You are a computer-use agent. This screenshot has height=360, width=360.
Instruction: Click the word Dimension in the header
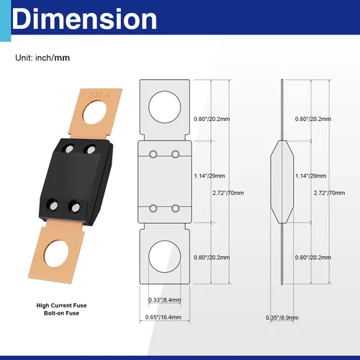(x=84, y=19)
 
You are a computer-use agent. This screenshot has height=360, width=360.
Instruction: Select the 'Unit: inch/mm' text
(x=42, y=58)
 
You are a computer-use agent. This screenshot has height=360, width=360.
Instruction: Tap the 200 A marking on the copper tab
(x=99, y=95)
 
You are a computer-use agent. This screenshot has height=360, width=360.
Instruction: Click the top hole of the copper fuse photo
(x=94, y=112)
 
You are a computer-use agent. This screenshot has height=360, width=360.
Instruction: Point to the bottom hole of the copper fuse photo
(x=56, y=253)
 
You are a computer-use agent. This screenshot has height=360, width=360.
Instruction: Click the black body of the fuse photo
(x=76, y=181)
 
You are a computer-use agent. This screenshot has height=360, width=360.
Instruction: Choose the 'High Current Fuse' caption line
(x=61, y=305)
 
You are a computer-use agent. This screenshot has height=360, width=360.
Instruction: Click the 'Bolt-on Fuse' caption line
(x=61, y=313)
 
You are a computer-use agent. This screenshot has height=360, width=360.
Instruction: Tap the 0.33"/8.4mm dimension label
(x=165, y=300)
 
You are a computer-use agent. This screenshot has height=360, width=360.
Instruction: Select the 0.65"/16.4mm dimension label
(x=163, y=317)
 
